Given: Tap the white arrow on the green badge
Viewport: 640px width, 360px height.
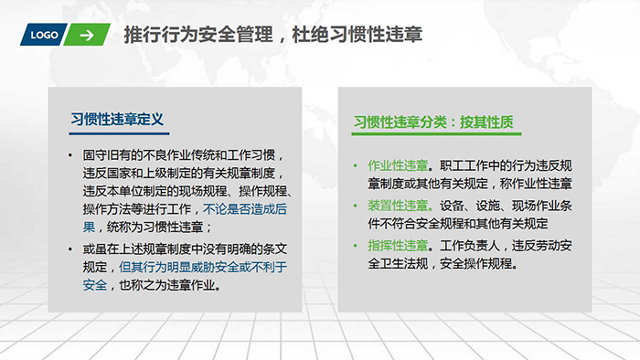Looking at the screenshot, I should pyautogui.click(x=87, y=36).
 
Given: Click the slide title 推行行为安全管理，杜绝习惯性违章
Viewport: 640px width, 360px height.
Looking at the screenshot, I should pyautogui.click(x=272, y=36).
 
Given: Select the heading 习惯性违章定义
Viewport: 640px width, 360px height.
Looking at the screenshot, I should pyautogui.click(x=116, y=118).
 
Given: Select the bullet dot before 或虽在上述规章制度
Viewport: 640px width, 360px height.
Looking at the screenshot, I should pyautogui.click(x=70, y=249).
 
